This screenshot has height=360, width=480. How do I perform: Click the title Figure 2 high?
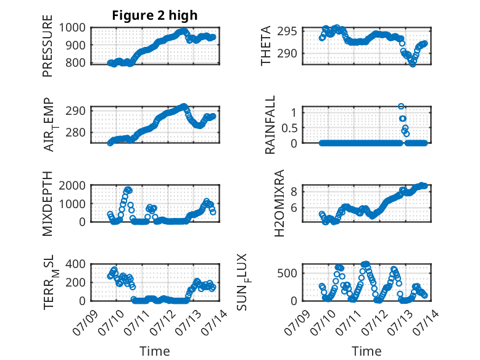point(155,15)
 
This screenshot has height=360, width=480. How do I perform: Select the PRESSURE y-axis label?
point(48,46)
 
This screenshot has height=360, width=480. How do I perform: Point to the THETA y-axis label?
point(266,46)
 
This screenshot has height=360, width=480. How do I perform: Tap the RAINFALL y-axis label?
point(270,125)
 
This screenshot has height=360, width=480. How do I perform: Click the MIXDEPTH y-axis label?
point(48,204)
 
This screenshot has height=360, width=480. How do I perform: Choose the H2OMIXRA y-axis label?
point(279,203)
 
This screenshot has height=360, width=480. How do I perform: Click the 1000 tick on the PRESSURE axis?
point(72,28)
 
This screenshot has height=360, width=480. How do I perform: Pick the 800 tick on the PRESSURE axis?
point(76,63)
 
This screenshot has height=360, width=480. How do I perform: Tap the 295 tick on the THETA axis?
point(287,31)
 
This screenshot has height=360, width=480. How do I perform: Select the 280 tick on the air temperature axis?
point(76,133)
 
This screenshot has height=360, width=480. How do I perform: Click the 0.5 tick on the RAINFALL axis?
point(289,128)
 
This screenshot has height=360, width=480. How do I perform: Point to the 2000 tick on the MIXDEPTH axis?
point(72,186)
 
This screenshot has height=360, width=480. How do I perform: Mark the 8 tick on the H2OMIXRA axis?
point(294,192)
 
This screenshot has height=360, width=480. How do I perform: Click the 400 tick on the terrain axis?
point(76,264)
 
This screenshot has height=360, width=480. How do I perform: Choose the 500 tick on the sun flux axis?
point(287,274)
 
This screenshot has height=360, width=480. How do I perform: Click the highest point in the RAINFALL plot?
point(401,106)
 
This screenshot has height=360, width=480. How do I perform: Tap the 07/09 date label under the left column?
point(85,322)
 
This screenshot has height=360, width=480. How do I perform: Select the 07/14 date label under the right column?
point(426,322)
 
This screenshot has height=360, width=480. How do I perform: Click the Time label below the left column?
point(155,351)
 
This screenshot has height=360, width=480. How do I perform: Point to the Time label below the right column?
point(366,351)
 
